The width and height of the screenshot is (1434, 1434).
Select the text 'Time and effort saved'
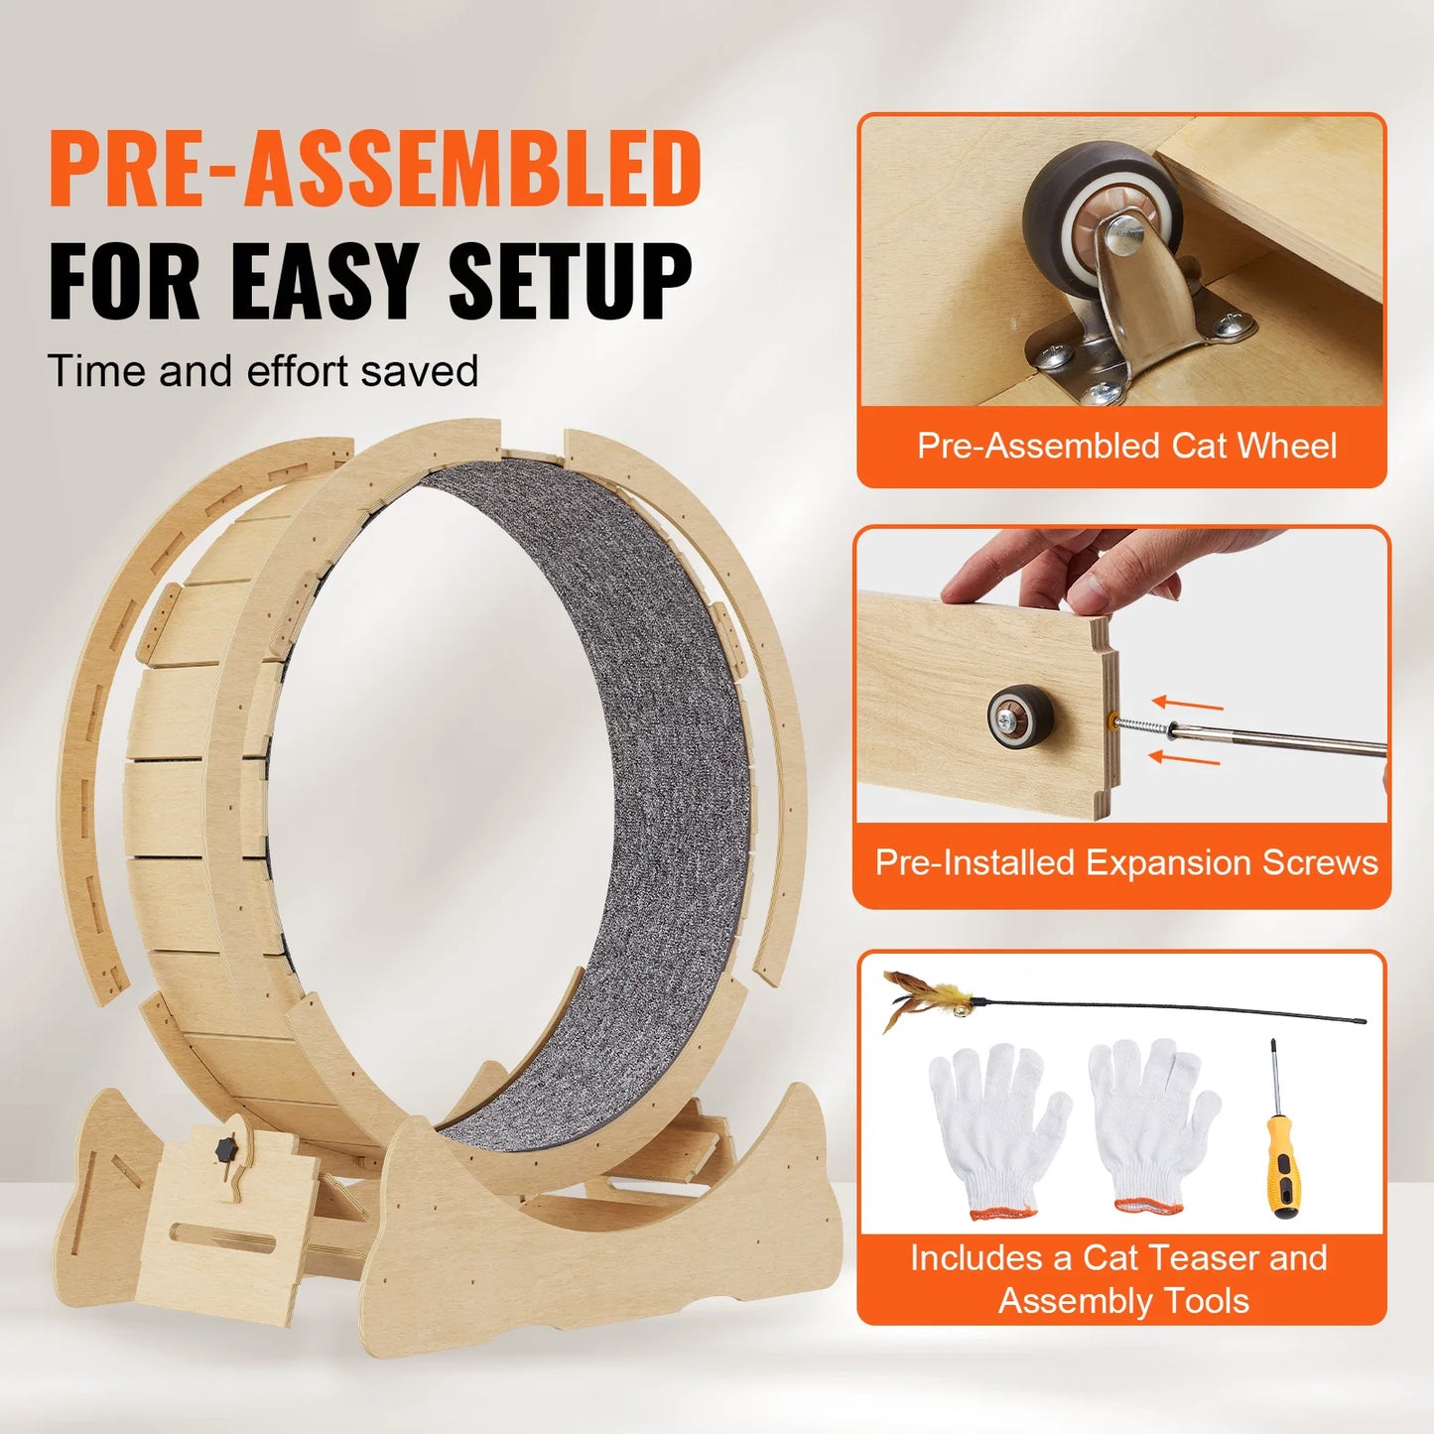pyautogui.click(x=263, y=371)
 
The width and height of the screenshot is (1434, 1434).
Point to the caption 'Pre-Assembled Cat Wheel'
pyautogui.click(x=1126, y=446)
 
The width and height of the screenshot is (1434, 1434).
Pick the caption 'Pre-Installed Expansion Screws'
pyautogui.click(x=1126, y=862)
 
